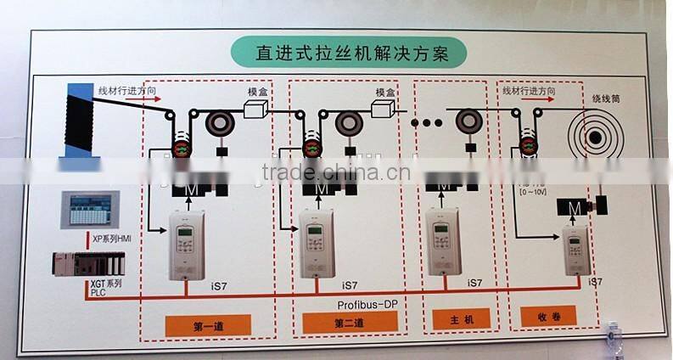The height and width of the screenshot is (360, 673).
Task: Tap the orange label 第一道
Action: [x=208, y=324]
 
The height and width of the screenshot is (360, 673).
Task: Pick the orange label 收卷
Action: [x=547, y=317]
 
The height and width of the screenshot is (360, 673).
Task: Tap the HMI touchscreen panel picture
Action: [x=89, y=210]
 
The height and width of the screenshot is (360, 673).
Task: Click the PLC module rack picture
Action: [x=87, y=264]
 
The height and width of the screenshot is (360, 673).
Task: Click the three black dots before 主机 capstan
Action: [x=427, y=123]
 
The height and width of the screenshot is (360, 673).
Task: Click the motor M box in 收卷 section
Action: [x=575, y=208]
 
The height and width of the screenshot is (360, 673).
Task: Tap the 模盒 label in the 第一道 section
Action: [x=258, y=93]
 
